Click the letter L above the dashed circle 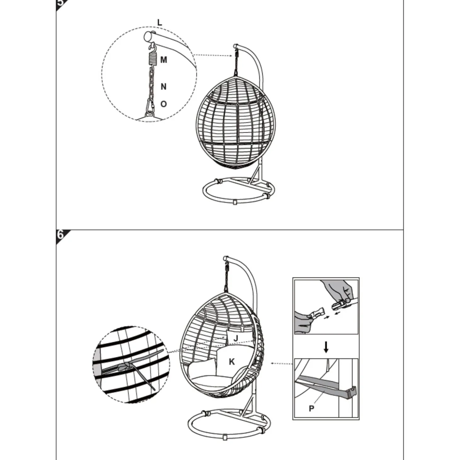click(159, 23)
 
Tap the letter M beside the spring click(164, 60)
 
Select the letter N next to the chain click(164, 87)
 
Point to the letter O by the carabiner click(164, 104)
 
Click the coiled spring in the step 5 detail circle click(151, 60)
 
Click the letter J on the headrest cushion click(236, 338)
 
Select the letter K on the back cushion click(232, 362)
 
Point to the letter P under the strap click(311, 408)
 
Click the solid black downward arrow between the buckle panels click(326, 347)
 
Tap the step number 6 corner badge click(61, 235)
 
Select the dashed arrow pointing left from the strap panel click(282, 370)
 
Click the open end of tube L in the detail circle click(147, 37)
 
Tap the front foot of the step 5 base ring click(235, 202)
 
